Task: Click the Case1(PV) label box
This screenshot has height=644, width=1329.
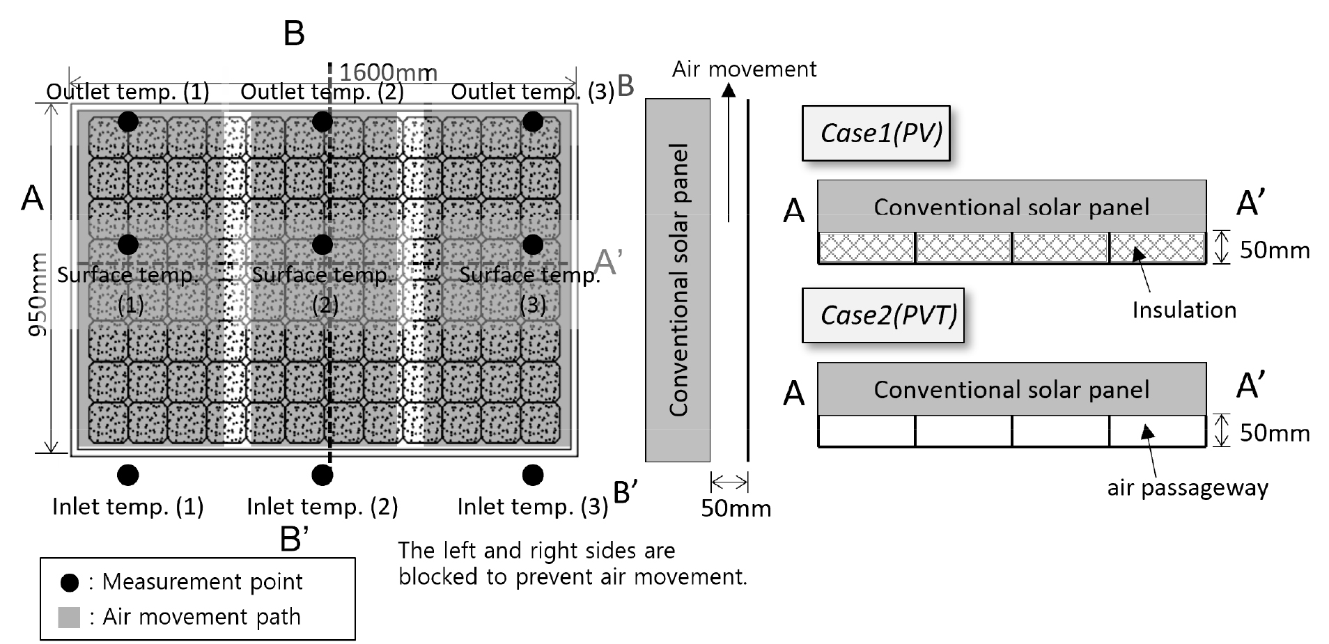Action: coord(876,133)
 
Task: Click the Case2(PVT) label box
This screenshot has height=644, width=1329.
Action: coord(883,315)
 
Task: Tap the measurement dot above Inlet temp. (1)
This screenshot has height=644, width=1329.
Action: coord(127,475)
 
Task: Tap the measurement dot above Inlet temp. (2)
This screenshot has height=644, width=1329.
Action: coord(322,475)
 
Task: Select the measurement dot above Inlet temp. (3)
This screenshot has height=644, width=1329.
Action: coord(533,475)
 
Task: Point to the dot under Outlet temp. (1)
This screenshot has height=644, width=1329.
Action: coord(127,121)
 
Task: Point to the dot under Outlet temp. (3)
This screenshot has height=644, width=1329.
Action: coord(533,121)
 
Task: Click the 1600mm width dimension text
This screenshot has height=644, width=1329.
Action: coord(388,72)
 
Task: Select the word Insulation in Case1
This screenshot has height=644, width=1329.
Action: coord(1183,310)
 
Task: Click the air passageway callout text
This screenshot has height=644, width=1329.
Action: coord(1187,487)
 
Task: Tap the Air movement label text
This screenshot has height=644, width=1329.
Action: coord(744,69)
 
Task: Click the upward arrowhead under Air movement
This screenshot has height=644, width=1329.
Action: coord(728,89)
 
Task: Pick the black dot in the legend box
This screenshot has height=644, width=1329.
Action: coord(70,583)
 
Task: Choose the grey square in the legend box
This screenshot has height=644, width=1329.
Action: coord(69,618)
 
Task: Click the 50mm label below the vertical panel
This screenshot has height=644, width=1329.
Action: coord(736,508)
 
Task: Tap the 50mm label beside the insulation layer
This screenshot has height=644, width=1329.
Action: coord(1274,251)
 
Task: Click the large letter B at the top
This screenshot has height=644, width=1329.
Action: coord(294,33)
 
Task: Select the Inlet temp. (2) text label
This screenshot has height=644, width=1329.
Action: coord(322,506)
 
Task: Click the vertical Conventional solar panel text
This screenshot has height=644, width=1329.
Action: coord(678,280)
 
